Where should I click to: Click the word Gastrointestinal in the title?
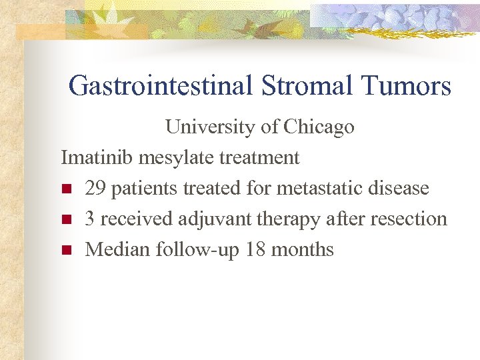[159, 86]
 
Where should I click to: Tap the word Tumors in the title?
[406, 86]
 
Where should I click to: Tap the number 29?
[96, 188]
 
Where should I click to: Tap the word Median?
[118, 249]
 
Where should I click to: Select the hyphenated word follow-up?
[198, 250]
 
